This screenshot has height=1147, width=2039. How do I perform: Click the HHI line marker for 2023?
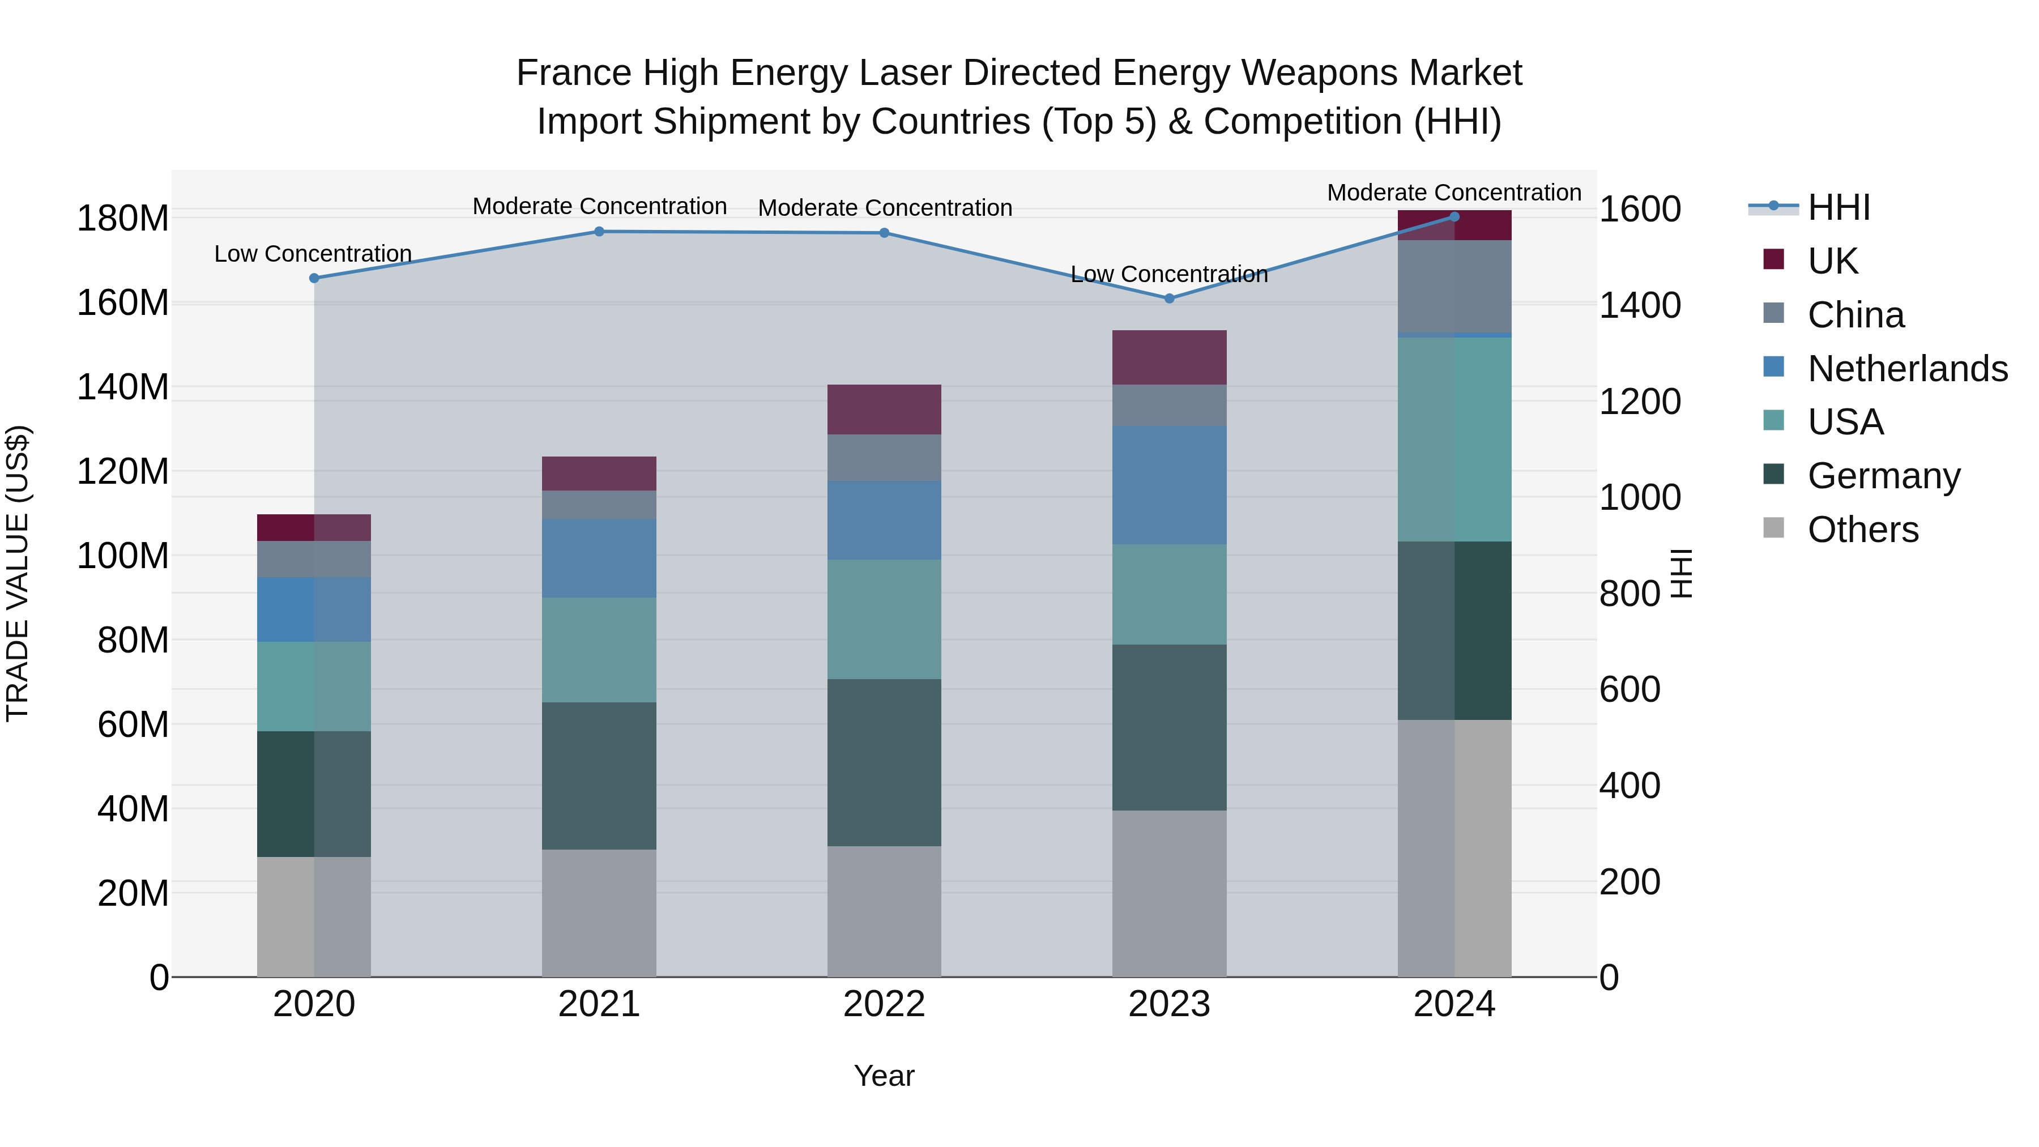point(1169,299)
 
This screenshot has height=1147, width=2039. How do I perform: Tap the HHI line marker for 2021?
point(599,232)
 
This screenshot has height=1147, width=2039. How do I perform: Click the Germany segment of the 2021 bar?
point(599,776)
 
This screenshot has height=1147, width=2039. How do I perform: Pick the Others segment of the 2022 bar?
point(884,911)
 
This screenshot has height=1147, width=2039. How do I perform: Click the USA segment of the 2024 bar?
point(1454,440)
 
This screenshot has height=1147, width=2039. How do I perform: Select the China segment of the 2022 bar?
point(884,458)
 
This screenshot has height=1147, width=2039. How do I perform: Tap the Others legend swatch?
point(1774,528)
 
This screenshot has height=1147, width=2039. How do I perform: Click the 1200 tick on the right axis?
point(1639,402)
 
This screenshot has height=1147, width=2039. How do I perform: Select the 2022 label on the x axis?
point(884,1004)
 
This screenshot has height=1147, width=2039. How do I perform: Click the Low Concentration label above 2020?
point(313,254)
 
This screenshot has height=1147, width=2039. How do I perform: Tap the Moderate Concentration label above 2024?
point(1454,193)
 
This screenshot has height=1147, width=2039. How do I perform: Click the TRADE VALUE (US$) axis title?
point(18,573)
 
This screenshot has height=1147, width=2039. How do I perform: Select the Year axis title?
point(884,1076)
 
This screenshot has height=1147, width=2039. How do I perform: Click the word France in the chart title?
point(574,73)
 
